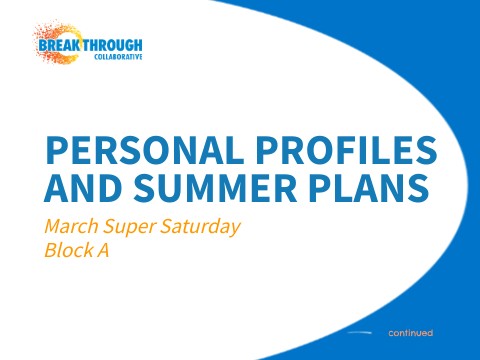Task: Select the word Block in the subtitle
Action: pos(67,250)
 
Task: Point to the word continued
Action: pos(410,332)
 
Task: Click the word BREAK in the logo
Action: pos(63,45)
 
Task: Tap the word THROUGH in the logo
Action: pos(114,45)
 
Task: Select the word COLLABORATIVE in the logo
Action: pos(118,57)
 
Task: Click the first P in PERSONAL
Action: pos(57,150)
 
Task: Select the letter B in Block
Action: pos(51,250)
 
